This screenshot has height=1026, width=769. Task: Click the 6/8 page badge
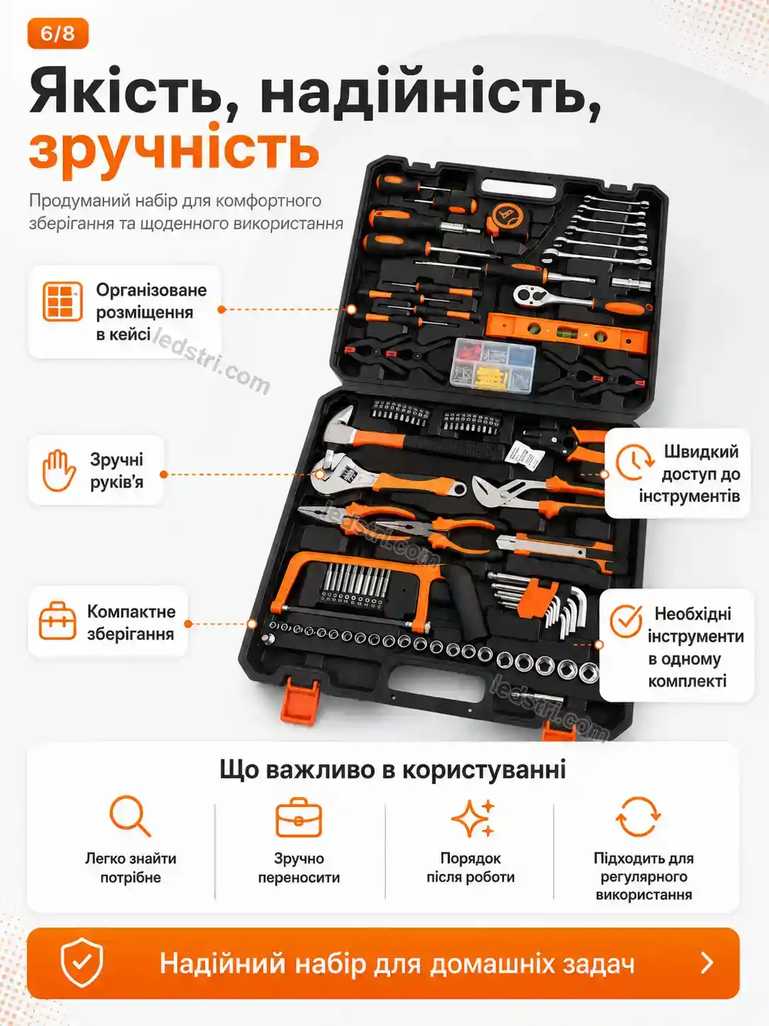58,33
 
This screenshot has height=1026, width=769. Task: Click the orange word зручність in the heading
174,150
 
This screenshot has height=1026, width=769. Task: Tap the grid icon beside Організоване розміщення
62,301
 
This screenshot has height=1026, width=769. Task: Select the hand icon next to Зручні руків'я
59,470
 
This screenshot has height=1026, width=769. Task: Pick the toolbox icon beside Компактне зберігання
57,621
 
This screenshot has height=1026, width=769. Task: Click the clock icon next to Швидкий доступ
634,462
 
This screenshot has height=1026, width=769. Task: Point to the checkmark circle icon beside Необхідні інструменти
626,621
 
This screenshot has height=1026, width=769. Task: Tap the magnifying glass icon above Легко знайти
130,816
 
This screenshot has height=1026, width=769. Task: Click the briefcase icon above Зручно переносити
299,817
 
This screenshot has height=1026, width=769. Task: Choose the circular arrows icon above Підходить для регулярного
638,816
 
